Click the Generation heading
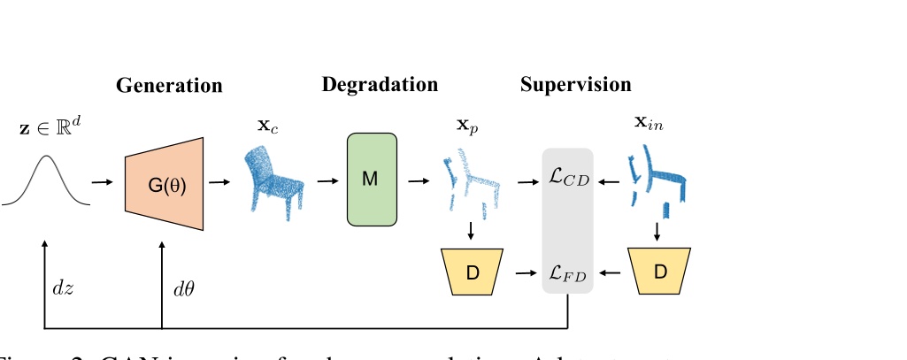point(169,86)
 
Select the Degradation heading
point(380,85)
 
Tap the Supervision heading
point(575,85)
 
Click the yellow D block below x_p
point(472,271)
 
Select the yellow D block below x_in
point(659,271)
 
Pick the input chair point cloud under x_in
point(657,181)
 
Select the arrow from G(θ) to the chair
point(219,183)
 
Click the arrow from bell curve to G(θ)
point(103,183)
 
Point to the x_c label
point(265,126)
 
